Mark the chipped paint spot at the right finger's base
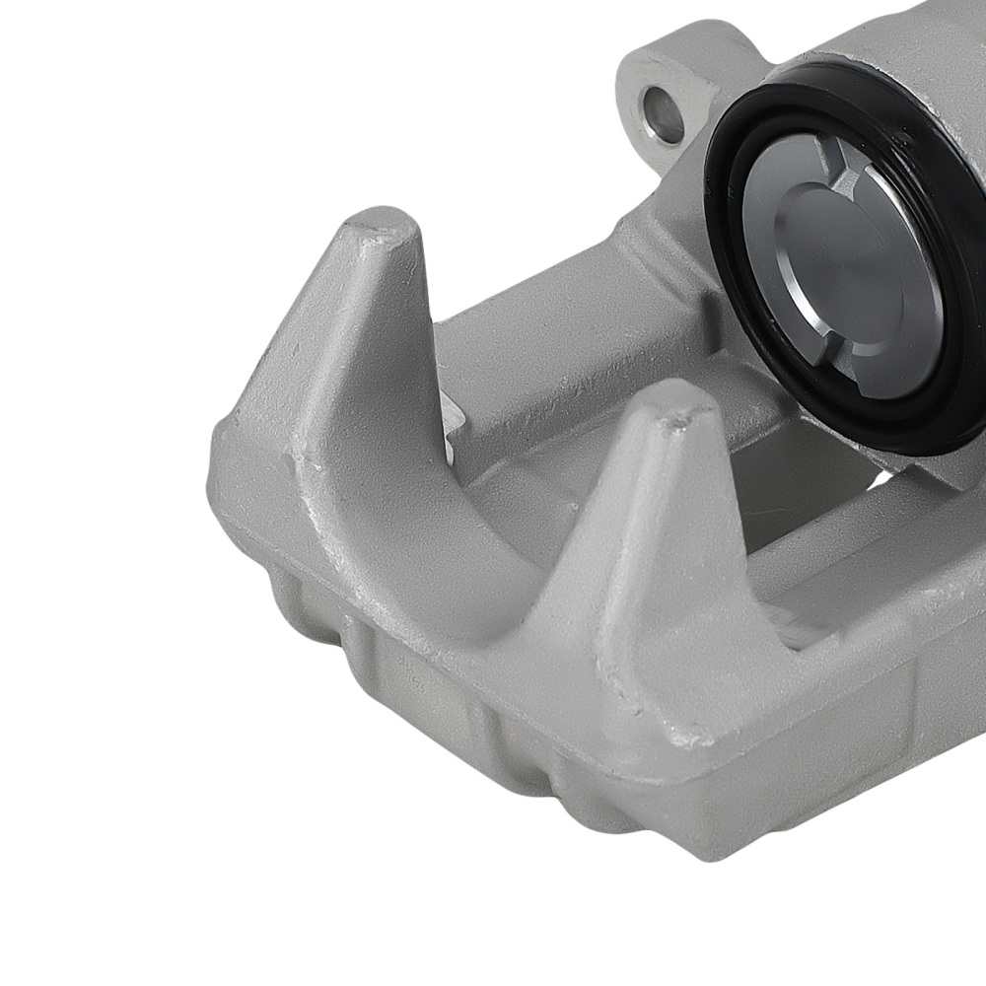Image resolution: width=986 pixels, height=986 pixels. pyautogui.click(x=680, y=735)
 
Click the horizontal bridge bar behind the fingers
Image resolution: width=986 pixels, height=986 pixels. pyautogui.click(x=552, y=345)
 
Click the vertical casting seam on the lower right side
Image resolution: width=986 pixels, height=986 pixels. pyautogui.click(x=922, y=710)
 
